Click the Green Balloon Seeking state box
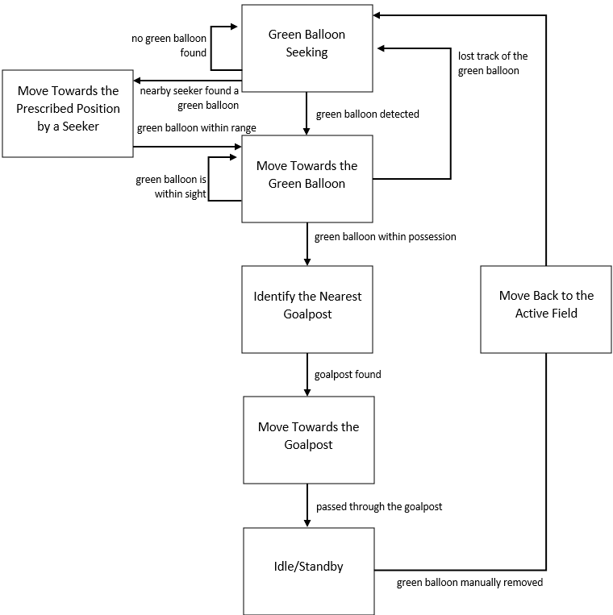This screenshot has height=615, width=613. click(x=306, y=48)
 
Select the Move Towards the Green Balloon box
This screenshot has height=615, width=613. click(x=306, y=178)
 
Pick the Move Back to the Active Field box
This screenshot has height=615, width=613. click(x=546, y=309)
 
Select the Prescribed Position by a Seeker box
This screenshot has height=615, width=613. click(x=67, y=113)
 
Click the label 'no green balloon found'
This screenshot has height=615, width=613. click(x=169, y=46)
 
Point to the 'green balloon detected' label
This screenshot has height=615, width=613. click(x=367, y=114)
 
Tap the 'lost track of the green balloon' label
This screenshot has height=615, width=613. click(x=492, y=63)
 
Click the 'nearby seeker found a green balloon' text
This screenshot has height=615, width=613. click(x=189, y=98)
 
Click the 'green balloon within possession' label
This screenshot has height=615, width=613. click(x=385, y=237)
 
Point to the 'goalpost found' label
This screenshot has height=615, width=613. click(x=348, y=375)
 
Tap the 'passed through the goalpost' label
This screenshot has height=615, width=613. click(x=379, y=507)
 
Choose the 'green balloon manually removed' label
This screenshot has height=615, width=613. click(x=469, y=583)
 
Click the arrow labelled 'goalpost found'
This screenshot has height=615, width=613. click(x=307, y=375)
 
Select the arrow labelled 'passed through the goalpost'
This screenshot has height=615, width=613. click(x=307, y=505)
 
